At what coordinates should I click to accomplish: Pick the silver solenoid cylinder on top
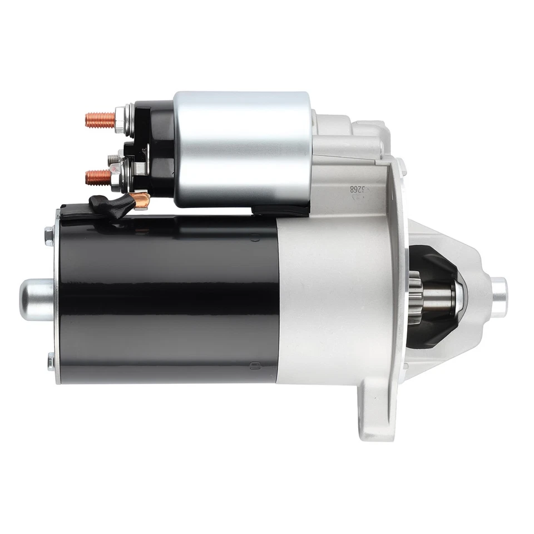(242, 149)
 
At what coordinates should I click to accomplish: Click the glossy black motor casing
(167, 295)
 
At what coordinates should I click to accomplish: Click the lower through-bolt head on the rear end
(51, 361)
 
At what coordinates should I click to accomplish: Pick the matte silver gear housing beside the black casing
(334, 295)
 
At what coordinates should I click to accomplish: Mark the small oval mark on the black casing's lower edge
(254, 365)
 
